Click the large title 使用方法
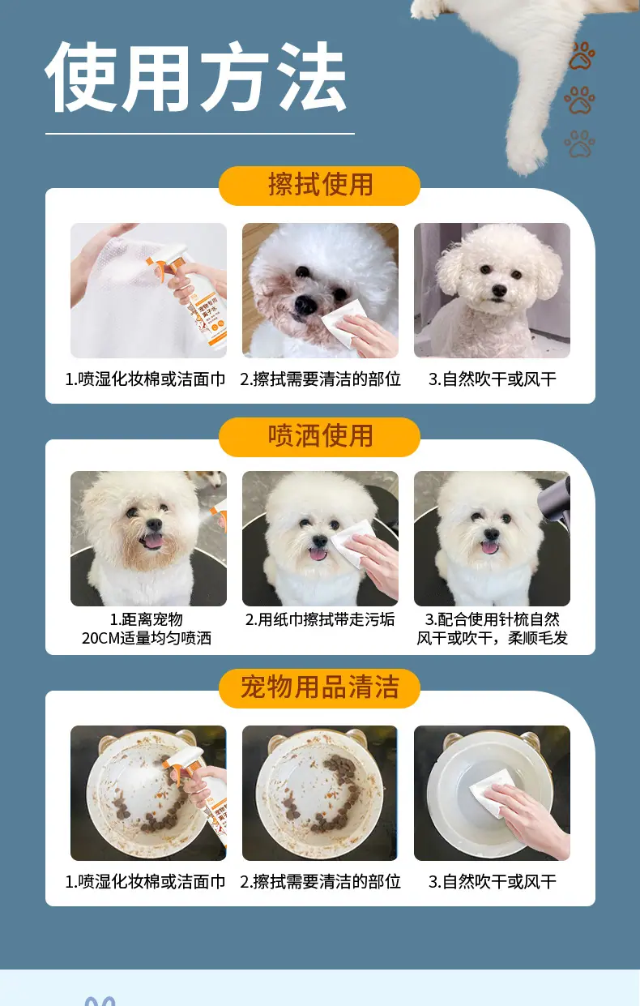point(196,76)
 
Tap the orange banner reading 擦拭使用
point(319,185)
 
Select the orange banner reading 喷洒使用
point(319,436)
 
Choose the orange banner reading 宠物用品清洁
point(319,687)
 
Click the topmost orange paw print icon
point(582,56)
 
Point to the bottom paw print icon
point(580,143)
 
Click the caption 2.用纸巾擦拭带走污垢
point(320,620)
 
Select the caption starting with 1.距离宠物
point(147,629)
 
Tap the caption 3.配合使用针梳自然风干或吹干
point(493,629)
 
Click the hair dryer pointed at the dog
point(556,502)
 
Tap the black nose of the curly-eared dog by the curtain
point(499,290)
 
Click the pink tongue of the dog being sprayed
point(152,541)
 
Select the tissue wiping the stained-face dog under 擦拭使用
point(344,323)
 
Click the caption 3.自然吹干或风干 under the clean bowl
point(493,882)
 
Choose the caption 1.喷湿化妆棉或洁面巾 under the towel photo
point(145,379)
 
